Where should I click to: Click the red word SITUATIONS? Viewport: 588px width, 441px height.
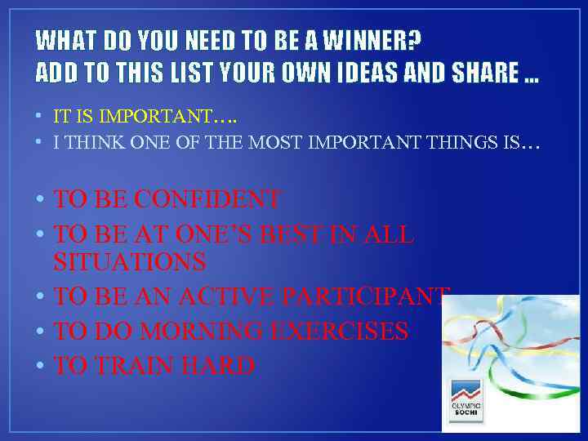point(130,262)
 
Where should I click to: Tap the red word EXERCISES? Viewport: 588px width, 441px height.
point(344,331)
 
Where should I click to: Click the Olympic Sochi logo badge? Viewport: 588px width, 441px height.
point(466,400)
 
